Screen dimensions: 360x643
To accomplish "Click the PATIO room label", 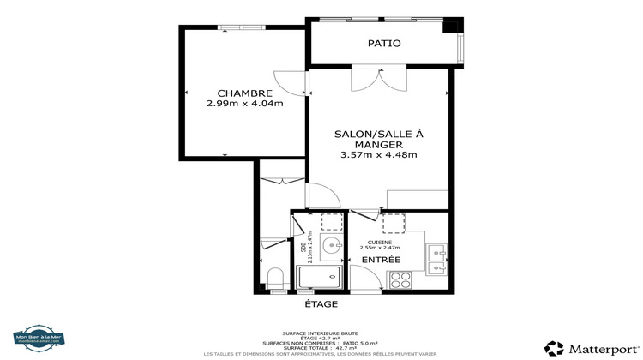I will pos(384,43).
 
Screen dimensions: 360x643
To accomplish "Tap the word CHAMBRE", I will pos(244,93).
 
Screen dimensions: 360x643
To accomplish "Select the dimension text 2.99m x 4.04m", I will pos(244,104).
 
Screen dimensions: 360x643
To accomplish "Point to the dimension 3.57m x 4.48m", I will pos(378,155).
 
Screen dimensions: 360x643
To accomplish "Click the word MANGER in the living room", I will pos(378,145).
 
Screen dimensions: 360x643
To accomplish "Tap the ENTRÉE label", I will pos(380,259).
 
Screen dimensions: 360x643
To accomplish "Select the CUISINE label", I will pos(379,243).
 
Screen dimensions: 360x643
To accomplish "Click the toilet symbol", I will pos(275,278).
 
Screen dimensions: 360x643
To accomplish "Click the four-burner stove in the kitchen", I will pos(400,279).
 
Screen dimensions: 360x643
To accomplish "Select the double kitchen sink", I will pos(437,259).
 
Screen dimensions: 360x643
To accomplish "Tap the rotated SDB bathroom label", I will pos(303,249).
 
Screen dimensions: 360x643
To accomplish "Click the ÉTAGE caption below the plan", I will pos(321,304).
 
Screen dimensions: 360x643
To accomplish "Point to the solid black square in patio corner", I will pos(451,26).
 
